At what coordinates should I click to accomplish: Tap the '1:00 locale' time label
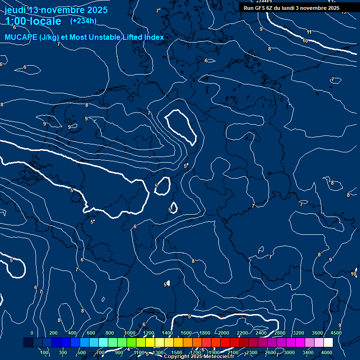[x=33, y=21]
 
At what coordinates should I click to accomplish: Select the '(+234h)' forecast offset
[x=83, y=21]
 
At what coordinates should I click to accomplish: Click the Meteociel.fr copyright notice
[x=199, y=357]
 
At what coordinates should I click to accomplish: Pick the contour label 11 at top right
[x=309, y=32]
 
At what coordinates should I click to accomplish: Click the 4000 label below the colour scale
[x=327, y=352]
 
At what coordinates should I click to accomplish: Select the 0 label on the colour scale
[x=32, y=333]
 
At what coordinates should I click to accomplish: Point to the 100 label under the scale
[x=44, y=352]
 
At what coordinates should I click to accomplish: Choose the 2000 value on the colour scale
[x=224, y=333]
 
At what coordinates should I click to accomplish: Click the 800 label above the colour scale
[x=110, y=333]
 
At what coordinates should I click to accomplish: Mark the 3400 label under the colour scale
[x=308, y=352]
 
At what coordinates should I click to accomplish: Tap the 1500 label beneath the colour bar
[x=177, y=352]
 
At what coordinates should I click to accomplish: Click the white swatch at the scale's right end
[x=328, y=343]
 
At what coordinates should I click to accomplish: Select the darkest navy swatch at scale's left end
[x=28, y=343]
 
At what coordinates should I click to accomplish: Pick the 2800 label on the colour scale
[x=280, y=333]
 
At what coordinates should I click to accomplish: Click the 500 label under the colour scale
[x=82, y=352]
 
